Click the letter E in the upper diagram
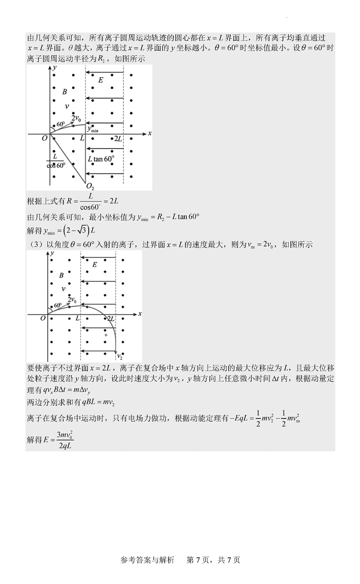(x=100, y=80)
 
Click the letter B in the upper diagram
(x=64, y=92)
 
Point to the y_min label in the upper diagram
(x=93, y=129)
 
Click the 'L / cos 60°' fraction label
(x=55, y=160)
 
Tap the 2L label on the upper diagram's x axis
(x=118, y=139)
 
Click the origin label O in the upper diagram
(x=45, y=139)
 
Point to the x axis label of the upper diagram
(x=149, y=134)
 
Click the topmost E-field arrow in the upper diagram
(x=104, y=72)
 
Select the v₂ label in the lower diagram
(x=120, y=356)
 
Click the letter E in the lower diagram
(x=94, y=265)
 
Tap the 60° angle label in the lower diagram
(x=57, y=305)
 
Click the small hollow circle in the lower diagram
(x=106, y=335)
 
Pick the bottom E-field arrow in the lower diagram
(x=98, y=351)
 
